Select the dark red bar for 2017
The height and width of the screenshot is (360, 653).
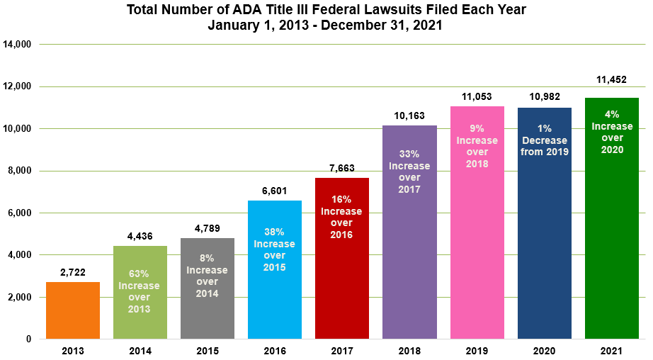(x=341, y=283)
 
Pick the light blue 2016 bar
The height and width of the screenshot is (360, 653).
(x=274, y=298)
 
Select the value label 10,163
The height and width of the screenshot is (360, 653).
(x=409, y=116)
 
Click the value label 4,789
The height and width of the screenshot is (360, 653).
(x=207, y=228)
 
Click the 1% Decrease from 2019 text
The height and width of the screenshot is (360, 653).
(x=544, y=141)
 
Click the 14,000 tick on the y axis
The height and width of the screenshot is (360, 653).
(x=18, y=45)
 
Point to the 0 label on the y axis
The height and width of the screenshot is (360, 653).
(x=28, y=339)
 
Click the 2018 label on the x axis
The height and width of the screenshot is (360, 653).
(x=409, y=351)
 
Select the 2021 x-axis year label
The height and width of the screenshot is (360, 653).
(x=612, y=351)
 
